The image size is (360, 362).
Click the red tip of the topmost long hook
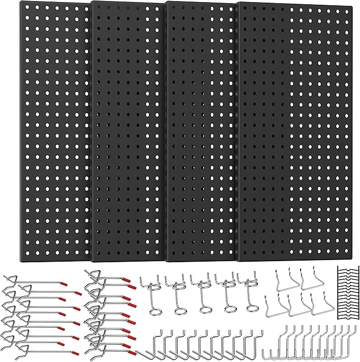tap(63, 285)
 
